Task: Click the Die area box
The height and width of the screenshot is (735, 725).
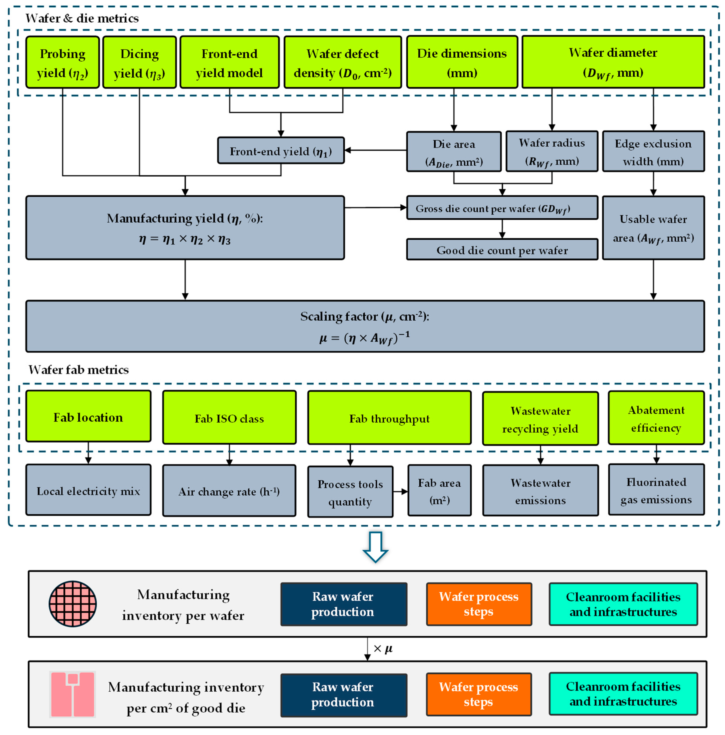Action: coord(454,151)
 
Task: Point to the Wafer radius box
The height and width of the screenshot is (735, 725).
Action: coord(552,151)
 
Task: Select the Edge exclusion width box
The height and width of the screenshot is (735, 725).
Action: coord(653,151)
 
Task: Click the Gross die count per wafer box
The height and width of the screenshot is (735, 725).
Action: coord(502,208)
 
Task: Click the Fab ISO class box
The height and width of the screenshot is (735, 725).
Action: coord(229,417)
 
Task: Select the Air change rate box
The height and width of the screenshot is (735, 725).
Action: coord(229,490)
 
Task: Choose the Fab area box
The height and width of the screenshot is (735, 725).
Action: coord(439,490)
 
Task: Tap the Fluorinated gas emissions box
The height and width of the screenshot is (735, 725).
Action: coord(656,490)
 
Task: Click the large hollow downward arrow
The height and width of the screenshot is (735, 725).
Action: coord(375,547)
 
